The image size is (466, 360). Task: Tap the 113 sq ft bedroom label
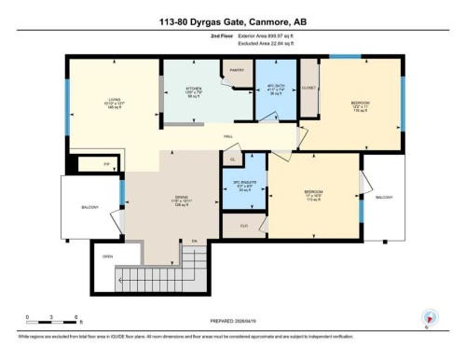click(314, 196)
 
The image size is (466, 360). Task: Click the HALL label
click(227, 137)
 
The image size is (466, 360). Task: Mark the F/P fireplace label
click(93, 165)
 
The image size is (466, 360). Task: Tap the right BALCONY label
click(384, 197)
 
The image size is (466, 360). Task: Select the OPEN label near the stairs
click(108, 256)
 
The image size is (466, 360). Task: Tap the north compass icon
click(428, 316)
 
